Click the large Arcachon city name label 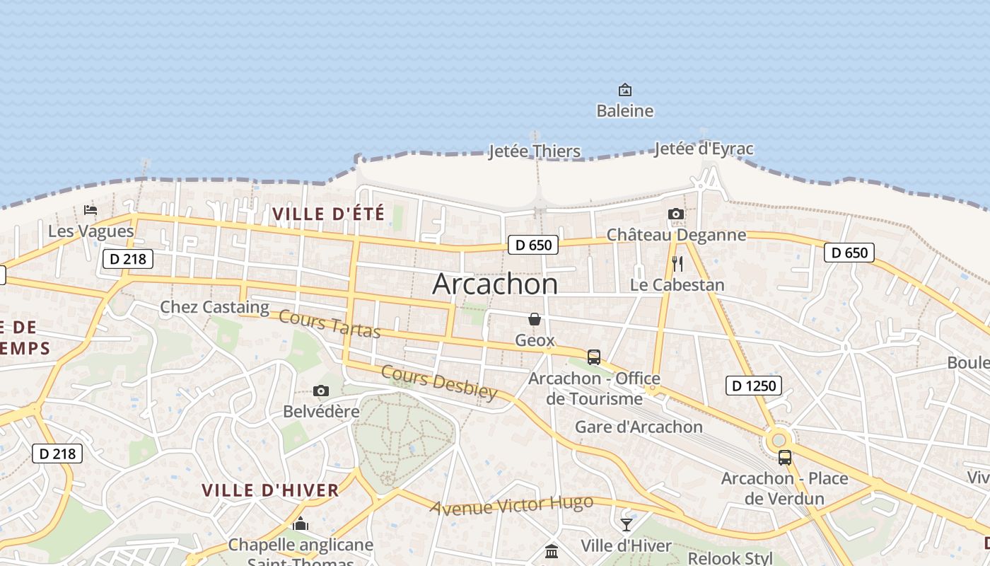495,284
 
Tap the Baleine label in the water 624,111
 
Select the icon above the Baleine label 624,90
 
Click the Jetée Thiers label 535,151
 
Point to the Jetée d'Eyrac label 704,149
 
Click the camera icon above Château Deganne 676,214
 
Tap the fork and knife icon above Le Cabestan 677,264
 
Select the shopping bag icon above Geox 535,320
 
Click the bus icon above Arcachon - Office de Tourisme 594,357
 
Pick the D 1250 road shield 754,386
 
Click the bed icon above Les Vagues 91,210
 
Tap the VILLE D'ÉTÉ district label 329,214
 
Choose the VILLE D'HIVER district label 270,490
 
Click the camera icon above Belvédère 321,391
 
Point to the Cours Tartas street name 330,324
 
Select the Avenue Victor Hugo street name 511,505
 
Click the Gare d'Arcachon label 639,427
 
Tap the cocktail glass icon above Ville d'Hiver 626,525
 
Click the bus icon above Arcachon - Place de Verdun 785,458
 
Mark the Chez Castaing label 214,307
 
